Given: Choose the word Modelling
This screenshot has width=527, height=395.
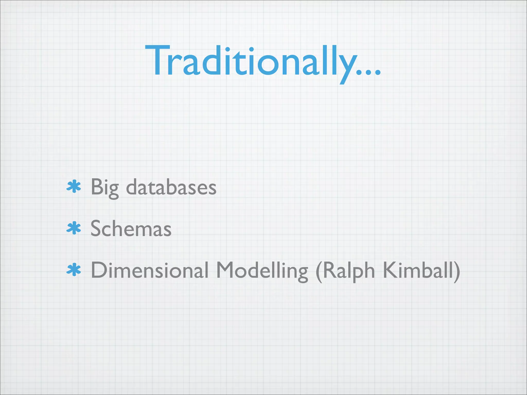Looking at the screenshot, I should coord(262,271).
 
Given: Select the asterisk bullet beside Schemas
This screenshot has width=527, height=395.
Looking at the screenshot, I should coord(74,228).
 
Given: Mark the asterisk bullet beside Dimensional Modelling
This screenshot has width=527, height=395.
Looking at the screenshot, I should coord(74,270).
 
